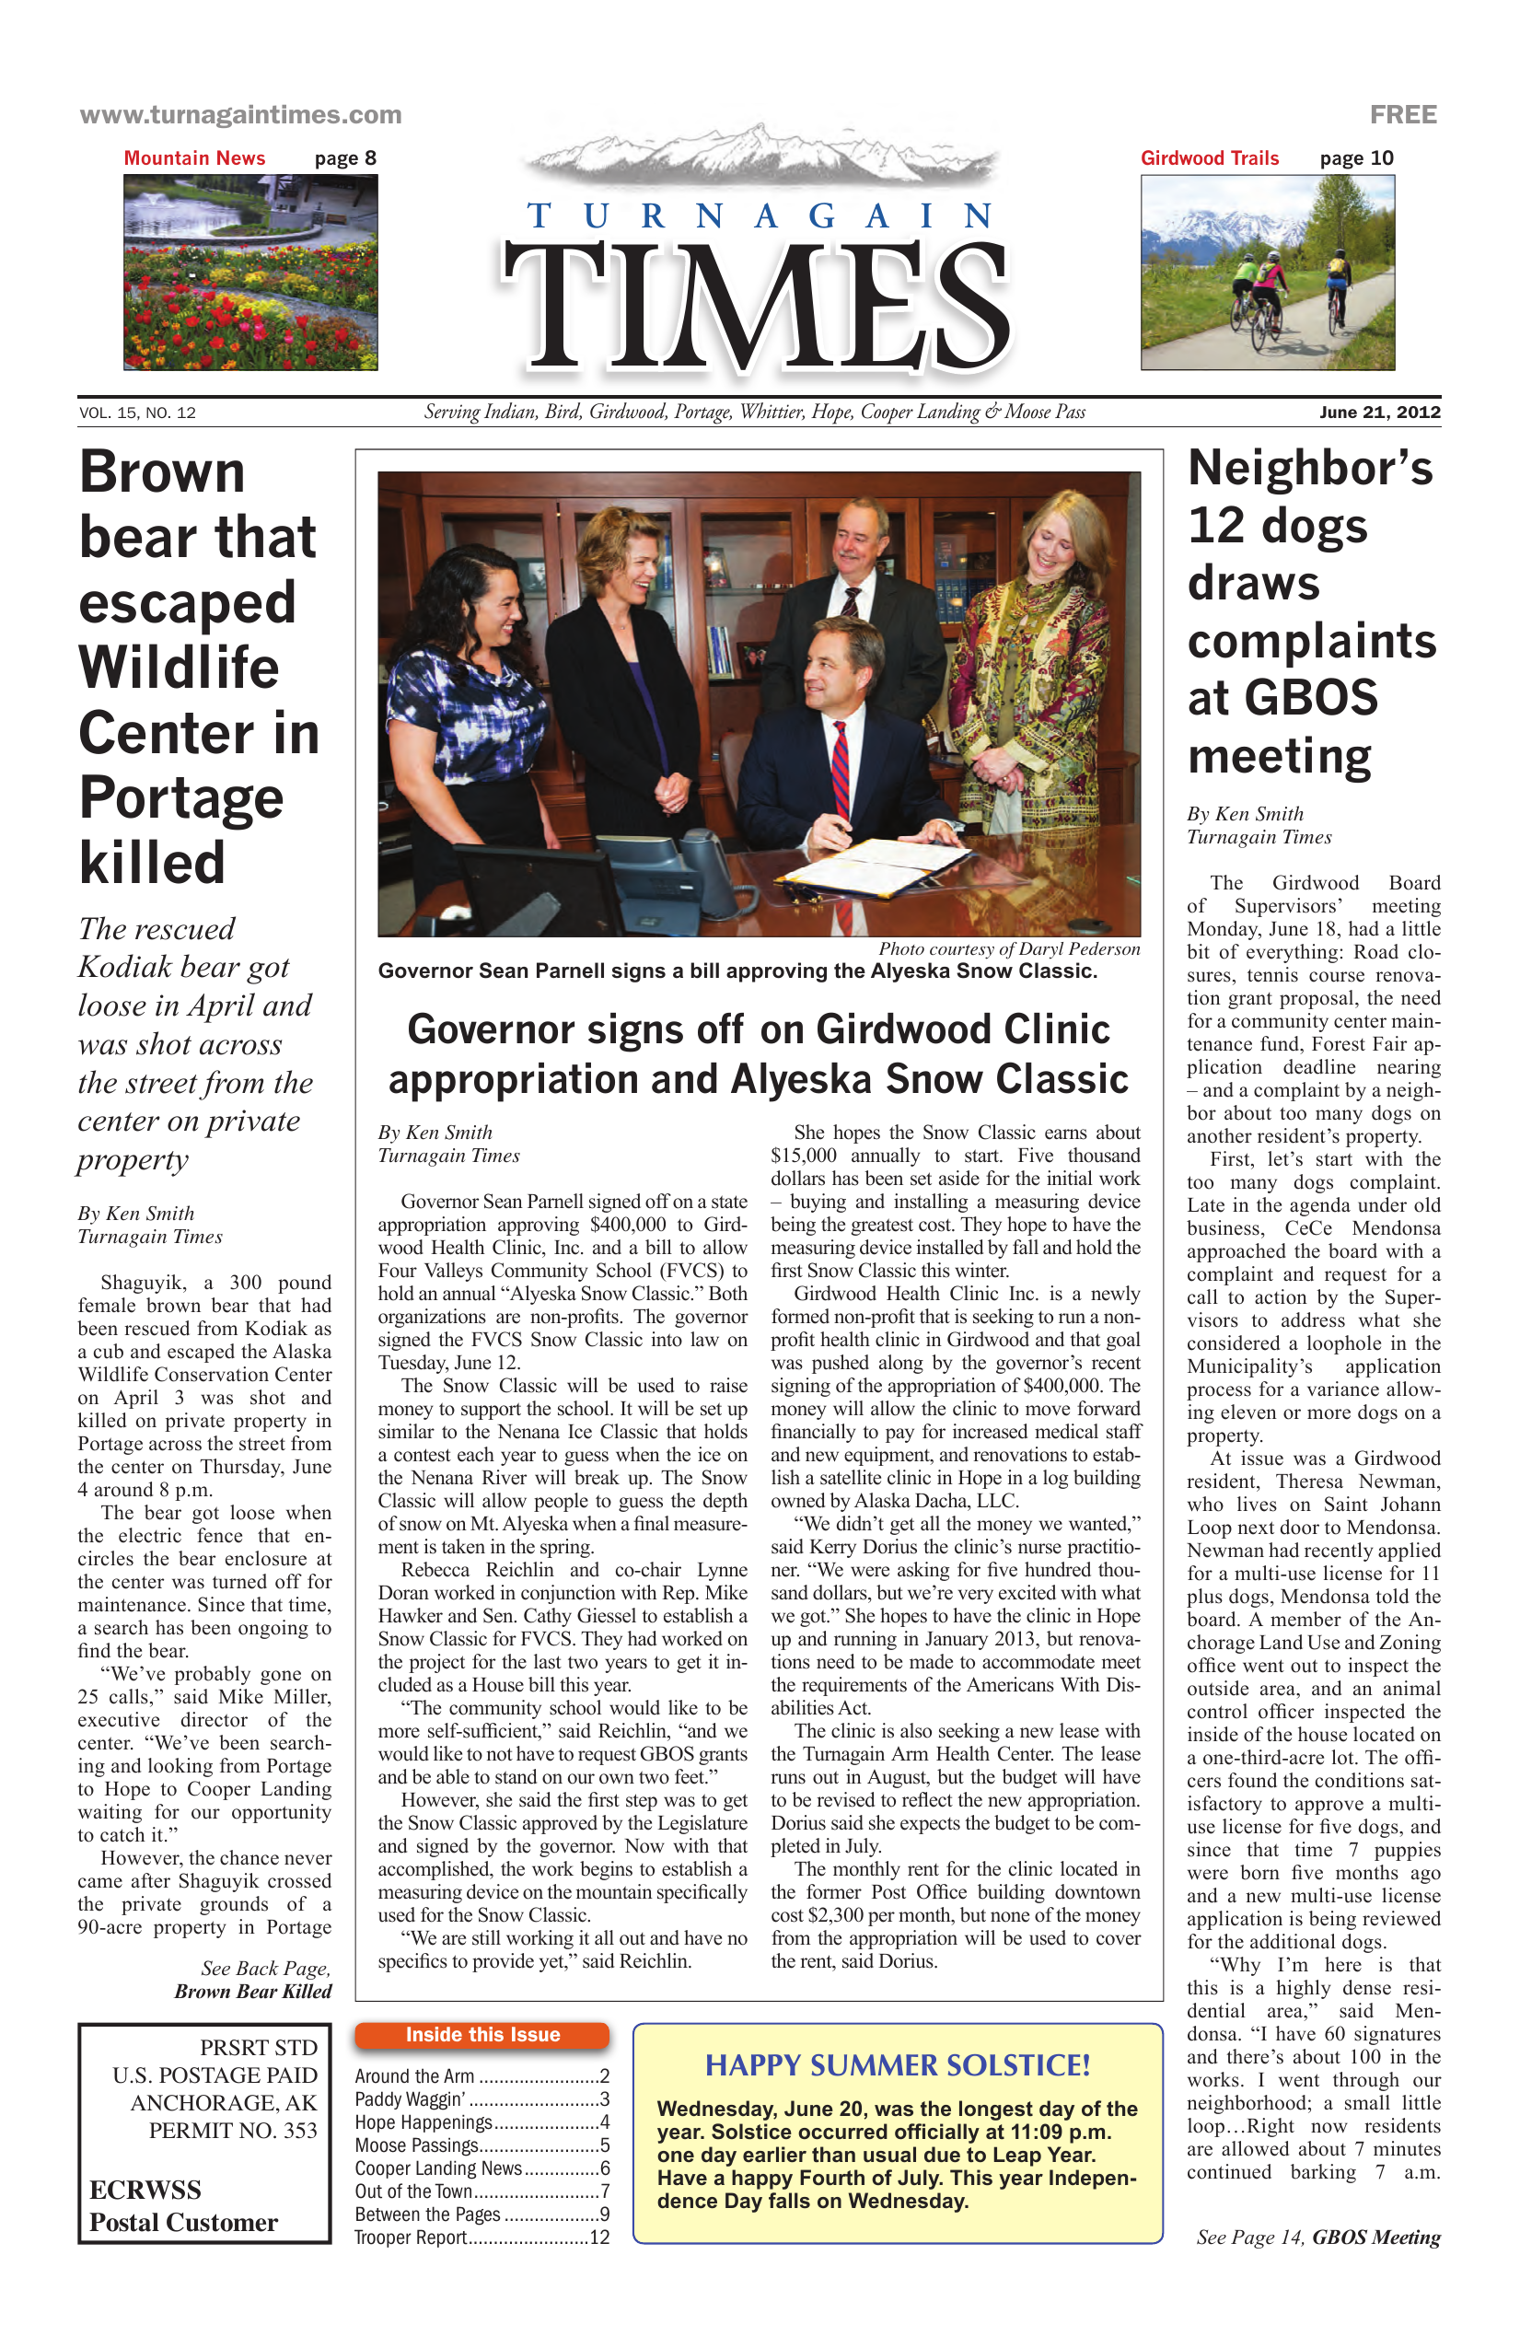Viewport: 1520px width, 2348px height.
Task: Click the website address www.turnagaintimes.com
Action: coord(240,114)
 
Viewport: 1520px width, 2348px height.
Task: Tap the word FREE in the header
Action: coord(1403,114)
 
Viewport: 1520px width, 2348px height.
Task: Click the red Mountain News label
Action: coord(194,157)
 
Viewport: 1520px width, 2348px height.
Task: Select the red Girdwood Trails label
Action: coord(1210,157)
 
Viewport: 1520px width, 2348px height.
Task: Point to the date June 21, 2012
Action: coord(1379,413)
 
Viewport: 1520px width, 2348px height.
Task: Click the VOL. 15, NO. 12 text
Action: coord(137,413)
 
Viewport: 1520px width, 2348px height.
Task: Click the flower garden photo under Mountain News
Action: coord(250,273)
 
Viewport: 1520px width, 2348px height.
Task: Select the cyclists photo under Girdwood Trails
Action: coord(1268,273)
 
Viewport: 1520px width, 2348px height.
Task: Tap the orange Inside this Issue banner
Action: coord(482,2034)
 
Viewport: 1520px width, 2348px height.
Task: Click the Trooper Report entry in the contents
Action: coord(482,2238)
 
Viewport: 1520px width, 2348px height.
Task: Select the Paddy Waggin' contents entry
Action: coord(482,2099)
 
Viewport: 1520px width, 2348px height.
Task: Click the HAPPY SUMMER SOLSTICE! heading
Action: coord(897,2066)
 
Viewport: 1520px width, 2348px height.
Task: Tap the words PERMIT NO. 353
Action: coord(233,2131)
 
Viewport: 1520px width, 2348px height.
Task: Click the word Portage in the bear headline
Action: coord(181,798)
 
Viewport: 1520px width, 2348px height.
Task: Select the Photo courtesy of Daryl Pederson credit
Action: coord(1008,949)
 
